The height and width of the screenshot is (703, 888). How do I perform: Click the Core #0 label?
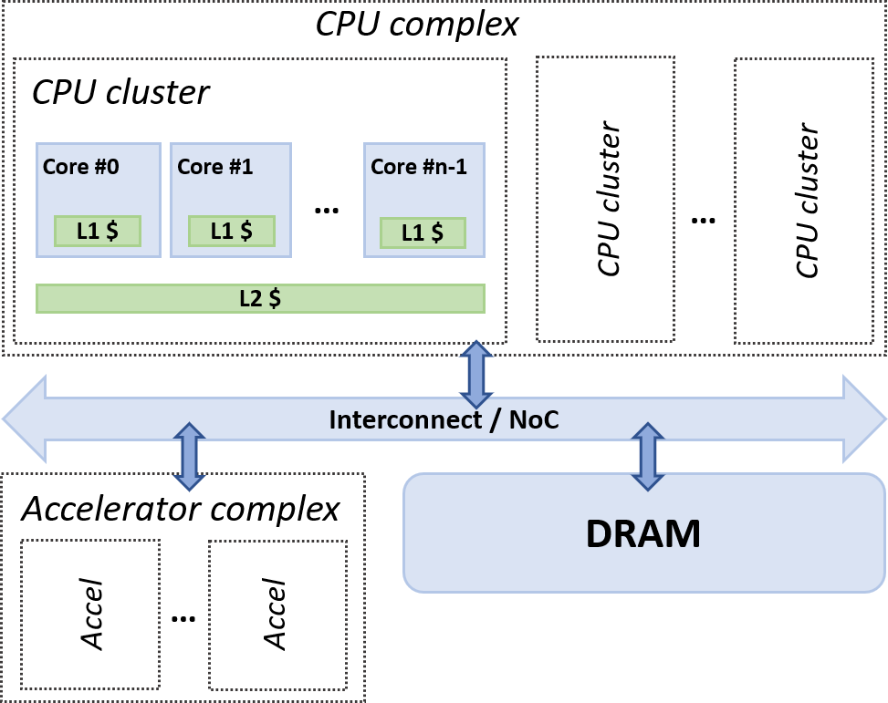pyautogui.click(x=81, y=168)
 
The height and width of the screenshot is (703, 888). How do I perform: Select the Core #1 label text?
pyautogui.click(x=215, y=168)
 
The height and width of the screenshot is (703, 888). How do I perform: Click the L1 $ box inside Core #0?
pyautogui.click(x=98, y=232)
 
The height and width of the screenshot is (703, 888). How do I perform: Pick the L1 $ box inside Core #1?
pyautogui.click(x=231, y=232)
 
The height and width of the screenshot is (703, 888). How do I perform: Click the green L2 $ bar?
pyautogui.click(x=260, y=299)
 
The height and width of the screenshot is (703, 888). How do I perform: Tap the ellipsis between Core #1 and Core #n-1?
pyautogui.click(x=326, y=211)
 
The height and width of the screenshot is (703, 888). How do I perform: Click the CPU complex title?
pyautogui.click(x=417, y=23)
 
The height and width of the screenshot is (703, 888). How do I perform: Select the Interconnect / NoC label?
pyautogui.click(x=443, y=420)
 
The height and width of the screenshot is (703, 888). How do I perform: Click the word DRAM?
pyautogui.click(x=643, y=533)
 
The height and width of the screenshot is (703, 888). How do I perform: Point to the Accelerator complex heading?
pyautogui.click(x=181, y=509)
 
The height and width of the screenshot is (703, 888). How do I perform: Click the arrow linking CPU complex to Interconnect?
pyautogui.click(x=475, y=375)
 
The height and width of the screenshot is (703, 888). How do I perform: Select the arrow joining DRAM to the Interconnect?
pyautogui.click(x=648, y=457)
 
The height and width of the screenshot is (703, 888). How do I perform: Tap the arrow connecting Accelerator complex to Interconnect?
pyautogui.click(x=189, y=454)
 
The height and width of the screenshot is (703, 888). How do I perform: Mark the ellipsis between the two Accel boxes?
pyautogui.click(x=183, y=619)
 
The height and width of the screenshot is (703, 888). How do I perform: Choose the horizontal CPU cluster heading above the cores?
pyautogui.click(x=121, y=92)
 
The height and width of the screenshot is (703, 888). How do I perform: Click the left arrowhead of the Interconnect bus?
pyautogui.click(x=23, y=419)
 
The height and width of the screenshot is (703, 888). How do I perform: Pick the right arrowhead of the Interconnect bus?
pyautogui.click(x=865, y=419)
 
